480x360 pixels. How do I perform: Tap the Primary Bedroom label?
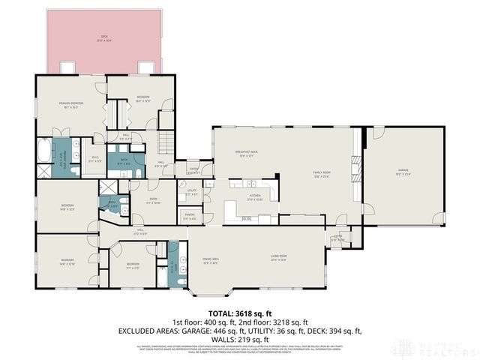71,104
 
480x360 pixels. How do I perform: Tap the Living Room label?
279,258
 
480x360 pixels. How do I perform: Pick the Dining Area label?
210,261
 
